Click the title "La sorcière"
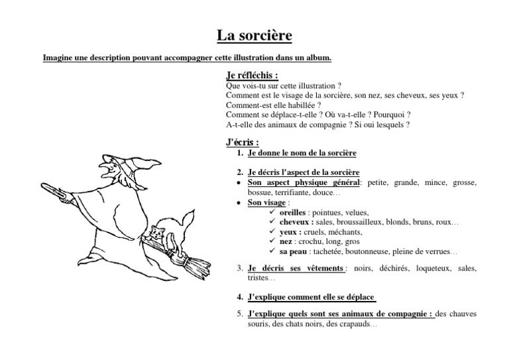[x=254, y=34]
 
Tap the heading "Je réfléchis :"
[x=253, y=76]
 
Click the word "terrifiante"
[x=290, y=192]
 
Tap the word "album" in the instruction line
[x=317, y=58]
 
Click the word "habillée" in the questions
[x=297, y=105]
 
